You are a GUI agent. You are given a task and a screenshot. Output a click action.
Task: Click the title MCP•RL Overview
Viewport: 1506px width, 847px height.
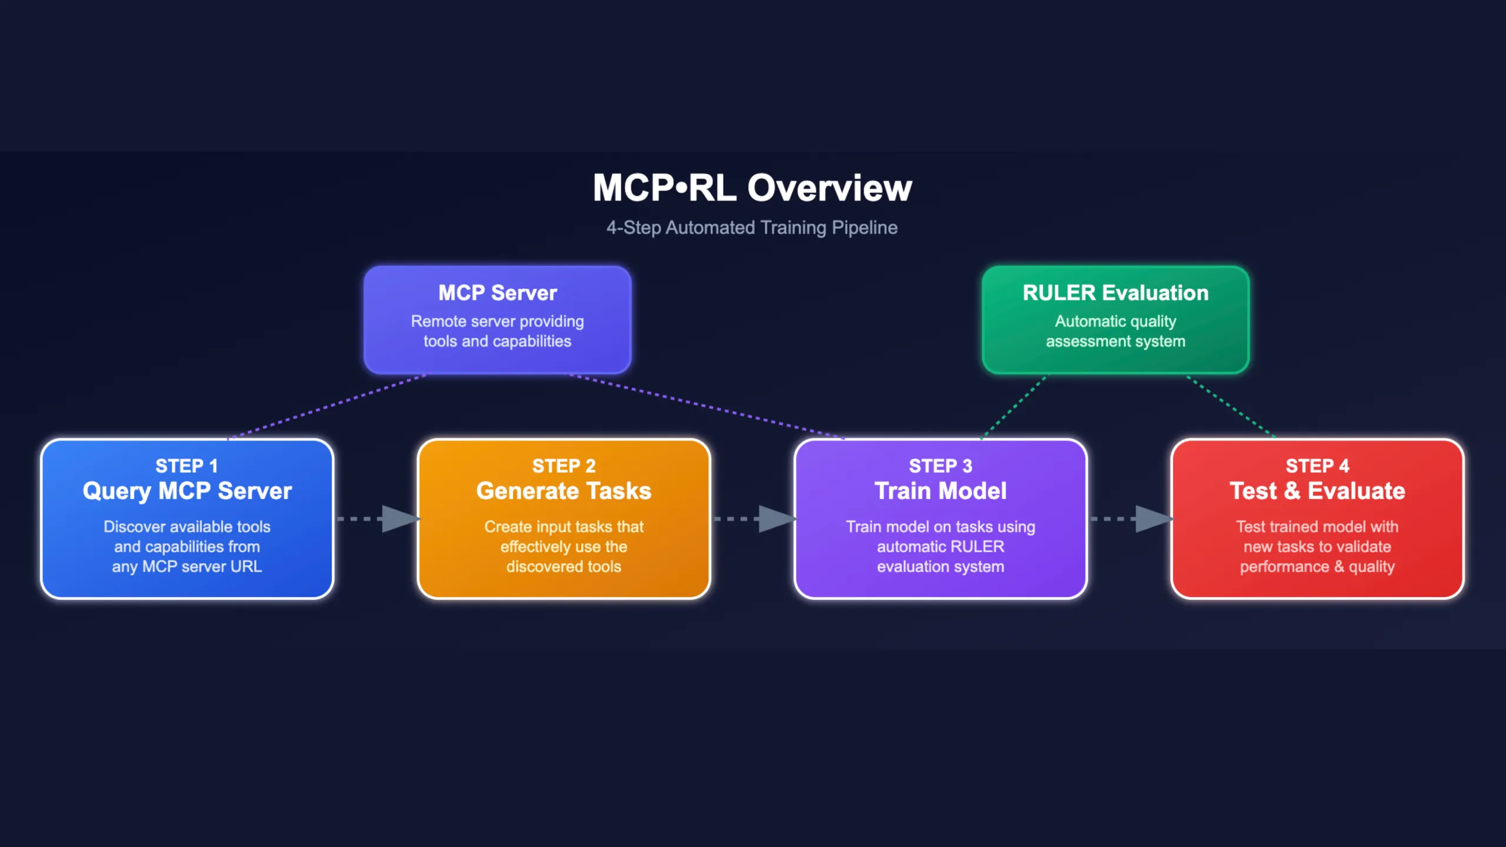[752, 188]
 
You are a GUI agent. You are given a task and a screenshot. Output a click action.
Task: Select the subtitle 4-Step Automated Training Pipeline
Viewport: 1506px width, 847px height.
[752, 228]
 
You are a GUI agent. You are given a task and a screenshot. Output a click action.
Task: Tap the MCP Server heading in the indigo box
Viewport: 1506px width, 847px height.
[497, 293]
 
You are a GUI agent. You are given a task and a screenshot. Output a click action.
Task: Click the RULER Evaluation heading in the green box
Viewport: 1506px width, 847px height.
[1115, 293]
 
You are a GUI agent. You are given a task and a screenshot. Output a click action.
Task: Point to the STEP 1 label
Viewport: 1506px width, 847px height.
[186, 466]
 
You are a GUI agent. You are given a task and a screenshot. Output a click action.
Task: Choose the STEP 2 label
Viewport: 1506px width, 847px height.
[564, 466]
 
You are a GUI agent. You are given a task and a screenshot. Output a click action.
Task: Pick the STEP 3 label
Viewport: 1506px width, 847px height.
[940, 466]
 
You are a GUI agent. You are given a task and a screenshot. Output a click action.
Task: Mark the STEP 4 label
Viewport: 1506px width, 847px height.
[1317, 466]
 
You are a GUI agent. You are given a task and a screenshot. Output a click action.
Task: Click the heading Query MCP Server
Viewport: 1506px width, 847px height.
[187, 491]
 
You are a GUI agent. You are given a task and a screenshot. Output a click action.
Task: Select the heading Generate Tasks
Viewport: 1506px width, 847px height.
[564, 491]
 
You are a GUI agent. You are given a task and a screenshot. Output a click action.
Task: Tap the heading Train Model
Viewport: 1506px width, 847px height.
[940, 491]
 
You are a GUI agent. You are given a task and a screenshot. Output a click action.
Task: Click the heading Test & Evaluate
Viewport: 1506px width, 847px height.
[1317, 491]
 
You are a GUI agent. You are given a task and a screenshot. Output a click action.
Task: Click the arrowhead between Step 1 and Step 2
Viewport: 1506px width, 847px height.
[399, 519]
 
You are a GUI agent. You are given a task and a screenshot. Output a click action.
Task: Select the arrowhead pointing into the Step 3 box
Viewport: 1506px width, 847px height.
[775, 519]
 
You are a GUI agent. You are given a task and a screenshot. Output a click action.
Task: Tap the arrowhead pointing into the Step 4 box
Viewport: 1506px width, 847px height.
[1152, 519]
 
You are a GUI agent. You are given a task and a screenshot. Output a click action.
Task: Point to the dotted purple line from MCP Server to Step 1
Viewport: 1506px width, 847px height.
[327, 406]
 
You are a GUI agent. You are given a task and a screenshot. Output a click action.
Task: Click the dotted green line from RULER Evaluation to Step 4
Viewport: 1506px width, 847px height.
[1231, 406]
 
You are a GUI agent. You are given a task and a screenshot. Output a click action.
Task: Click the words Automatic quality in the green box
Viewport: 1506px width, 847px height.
[1115, 321]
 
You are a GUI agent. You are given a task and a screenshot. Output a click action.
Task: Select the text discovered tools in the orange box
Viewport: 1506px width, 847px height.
[564, 566]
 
